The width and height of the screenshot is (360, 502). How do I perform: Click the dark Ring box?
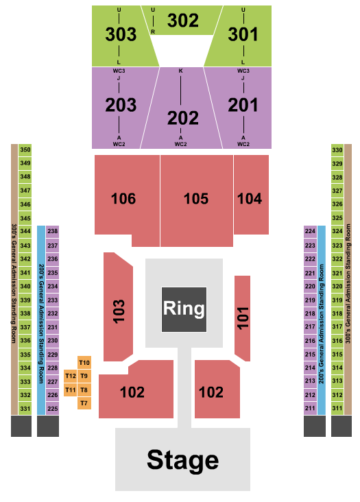pyautogui.click(x=183, y=309)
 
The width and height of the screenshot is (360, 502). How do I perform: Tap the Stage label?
pyautogui.click(x=182, y=459)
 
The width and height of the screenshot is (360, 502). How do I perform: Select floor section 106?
pyautogui.click(x=123, y=199)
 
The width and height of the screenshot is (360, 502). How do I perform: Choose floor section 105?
pyautogui.click(x=196, y=199)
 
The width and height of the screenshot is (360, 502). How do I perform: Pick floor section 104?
pyautogui.click(x=250, y=198)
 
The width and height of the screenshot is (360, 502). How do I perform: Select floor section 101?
pyautogui.click(x=242, y=318)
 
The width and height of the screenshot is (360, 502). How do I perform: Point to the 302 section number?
pyautogui.click(x=183, y=21)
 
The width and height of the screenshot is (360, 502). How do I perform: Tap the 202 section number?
pyautogui.click(x=182, y=117)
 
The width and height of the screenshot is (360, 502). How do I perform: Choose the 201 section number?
pyautogui.click(x=243, y=105)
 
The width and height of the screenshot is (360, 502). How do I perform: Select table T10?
pyautogui.click(x=84, y=362)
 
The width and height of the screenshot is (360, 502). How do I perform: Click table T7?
pyautogui.click(x=84, y=403)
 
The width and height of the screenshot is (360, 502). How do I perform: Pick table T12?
pyautogui.click(x=71, y=376)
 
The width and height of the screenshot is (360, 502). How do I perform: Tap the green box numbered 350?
pyautogui.click(x=25, y=150)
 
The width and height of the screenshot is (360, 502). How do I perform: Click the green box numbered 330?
pyautogui.click(x=337, y=150)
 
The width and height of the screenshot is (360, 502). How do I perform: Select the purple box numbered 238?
pyautogui.click(x=52, y=232)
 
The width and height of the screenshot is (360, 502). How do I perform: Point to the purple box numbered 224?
pyautogui.click(x=310, y=232)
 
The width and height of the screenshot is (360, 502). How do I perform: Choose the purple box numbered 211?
pyautogui.click(x=310, y=409)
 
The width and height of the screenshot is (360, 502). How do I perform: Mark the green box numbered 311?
pyautogui.click(x=337, y=409)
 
